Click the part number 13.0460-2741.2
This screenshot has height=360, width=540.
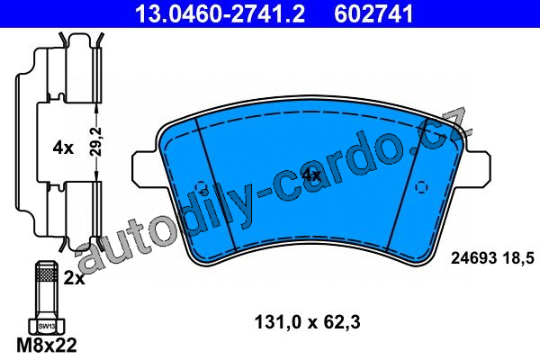220,13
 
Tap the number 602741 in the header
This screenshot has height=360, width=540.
373,13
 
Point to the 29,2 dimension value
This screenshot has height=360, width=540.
97,142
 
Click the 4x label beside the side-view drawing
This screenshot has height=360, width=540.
63,148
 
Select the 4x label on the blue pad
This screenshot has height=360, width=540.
311,175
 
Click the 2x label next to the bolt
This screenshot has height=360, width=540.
74,278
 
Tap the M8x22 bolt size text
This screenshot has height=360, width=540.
47,346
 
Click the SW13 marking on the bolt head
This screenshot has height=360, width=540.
47,326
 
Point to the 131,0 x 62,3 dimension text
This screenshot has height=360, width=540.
307,322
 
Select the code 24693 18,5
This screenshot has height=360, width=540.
492,257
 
